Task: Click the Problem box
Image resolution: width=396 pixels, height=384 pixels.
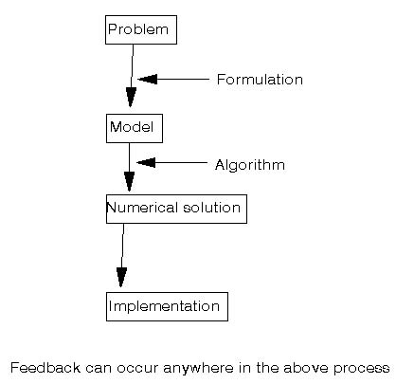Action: tap(141, 29)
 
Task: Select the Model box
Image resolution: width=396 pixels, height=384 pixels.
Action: tap(135, 128)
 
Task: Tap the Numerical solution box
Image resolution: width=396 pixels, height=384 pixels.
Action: tap(176, 209)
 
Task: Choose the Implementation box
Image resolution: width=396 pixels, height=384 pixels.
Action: tap(167, 306)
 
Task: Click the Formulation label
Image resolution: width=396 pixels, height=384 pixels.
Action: tap(260, 80)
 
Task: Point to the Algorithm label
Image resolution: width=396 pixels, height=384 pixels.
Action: tap(250, 165)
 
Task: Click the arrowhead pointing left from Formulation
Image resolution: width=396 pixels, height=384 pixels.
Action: tap(148, 79)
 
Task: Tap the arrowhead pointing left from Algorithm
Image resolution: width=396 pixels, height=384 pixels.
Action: tap(146, 162)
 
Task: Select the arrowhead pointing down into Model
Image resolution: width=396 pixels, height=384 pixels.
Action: tap(131, 98)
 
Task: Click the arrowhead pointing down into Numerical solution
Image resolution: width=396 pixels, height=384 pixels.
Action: tap(129, 182)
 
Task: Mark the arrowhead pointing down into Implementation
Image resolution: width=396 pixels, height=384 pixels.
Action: tap(121, 277)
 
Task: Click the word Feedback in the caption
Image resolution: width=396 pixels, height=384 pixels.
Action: tap(45, 368)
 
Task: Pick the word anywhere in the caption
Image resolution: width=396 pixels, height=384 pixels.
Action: tap(198, 369)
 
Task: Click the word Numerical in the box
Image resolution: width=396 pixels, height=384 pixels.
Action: tap(142, 208)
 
